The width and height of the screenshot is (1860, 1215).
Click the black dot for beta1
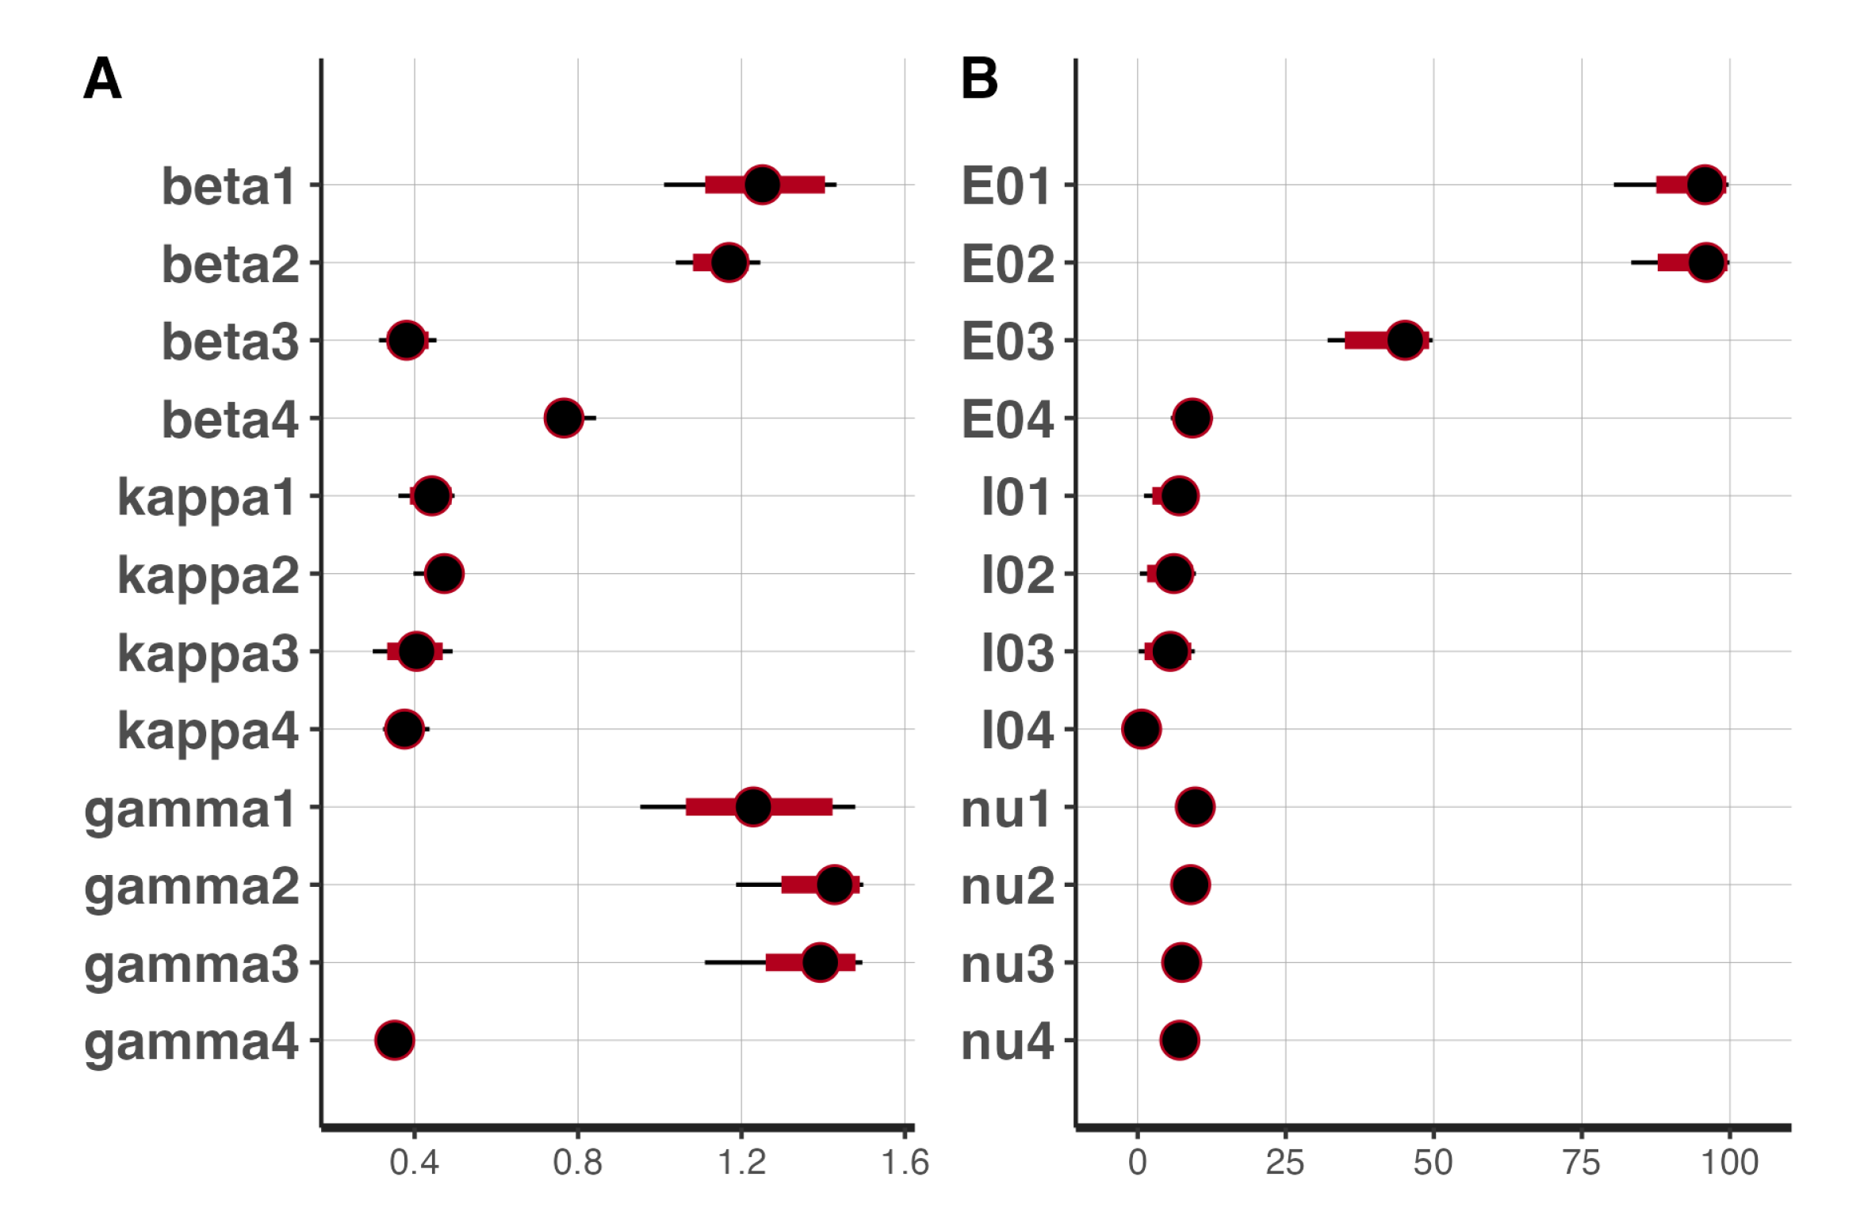762,185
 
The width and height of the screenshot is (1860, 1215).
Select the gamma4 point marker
395,1040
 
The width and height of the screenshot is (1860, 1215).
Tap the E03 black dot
1405,341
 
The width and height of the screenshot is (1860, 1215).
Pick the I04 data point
1142,729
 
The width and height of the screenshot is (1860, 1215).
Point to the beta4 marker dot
564,418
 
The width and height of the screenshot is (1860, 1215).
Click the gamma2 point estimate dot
834,885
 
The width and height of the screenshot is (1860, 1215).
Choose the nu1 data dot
1196,807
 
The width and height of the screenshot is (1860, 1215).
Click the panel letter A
102,79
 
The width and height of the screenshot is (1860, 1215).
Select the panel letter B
979,79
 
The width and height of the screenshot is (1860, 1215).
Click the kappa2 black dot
444,573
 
